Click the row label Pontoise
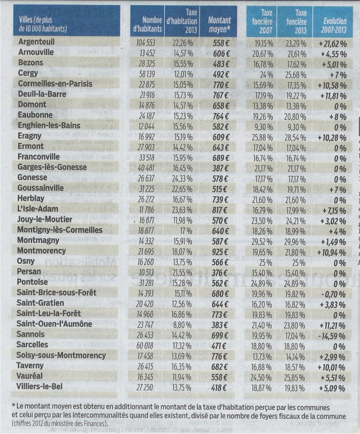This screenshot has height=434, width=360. [34, 282]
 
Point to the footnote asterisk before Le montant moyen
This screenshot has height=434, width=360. [13, 405]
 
